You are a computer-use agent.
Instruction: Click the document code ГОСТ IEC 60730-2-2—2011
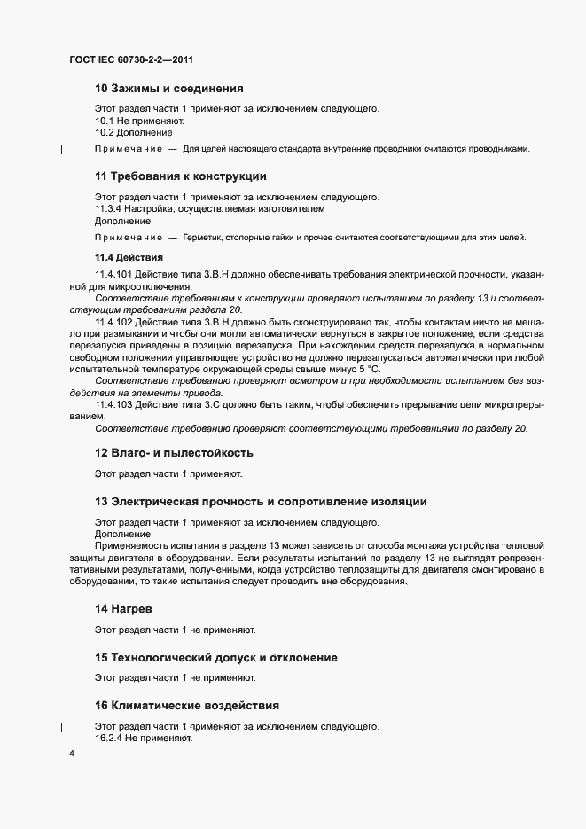[x=131, y=60]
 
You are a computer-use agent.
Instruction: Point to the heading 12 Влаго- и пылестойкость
[x=180, y=452]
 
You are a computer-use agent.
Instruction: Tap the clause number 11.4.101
[x=113, y=275]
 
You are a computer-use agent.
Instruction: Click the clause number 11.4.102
[x=113, y=322]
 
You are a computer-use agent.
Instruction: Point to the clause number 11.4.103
[x=113, y=405]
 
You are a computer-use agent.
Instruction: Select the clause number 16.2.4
[x=110, y=738]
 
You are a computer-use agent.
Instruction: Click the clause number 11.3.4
[x=110, y=209]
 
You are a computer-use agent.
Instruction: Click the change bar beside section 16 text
[x=60, y=727]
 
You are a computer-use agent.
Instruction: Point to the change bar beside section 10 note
[x=60, y=149]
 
